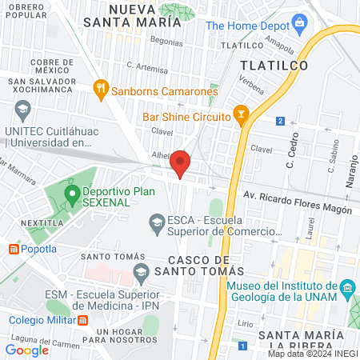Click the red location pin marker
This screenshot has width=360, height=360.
181,162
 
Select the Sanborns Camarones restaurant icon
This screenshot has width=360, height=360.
101,87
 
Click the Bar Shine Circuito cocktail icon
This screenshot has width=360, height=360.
238,117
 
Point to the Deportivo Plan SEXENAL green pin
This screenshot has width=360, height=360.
72,193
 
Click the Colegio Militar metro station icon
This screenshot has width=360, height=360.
82,321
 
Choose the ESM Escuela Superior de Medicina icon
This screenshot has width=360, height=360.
141,272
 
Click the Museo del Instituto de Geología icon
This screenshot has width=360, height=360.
346,286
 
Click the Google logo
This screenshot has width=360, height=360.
27,350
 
